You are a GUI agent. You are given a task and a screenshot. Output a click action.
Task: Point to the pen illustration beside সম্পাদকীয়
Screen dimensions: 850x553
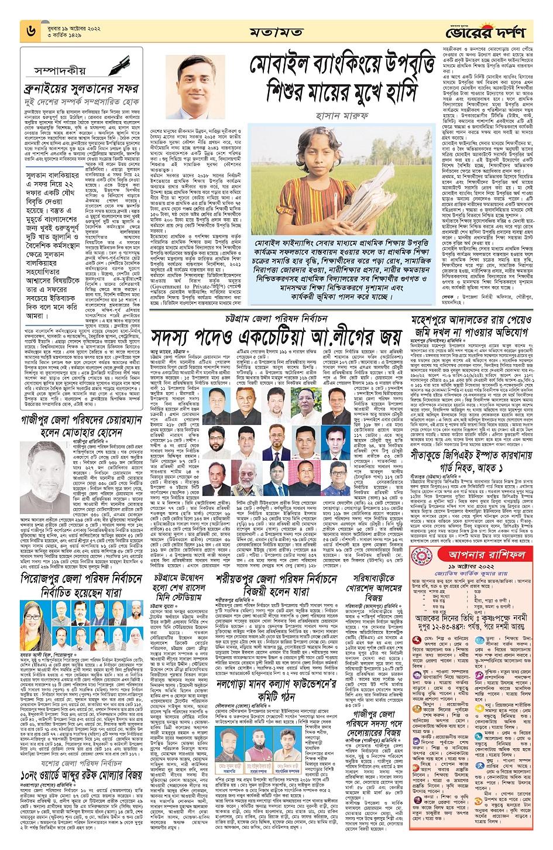point(119,64)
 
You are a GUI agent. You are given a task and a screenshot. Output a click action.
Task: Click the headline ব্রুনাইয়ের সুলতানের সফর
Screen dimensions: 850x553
point(81,88)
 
